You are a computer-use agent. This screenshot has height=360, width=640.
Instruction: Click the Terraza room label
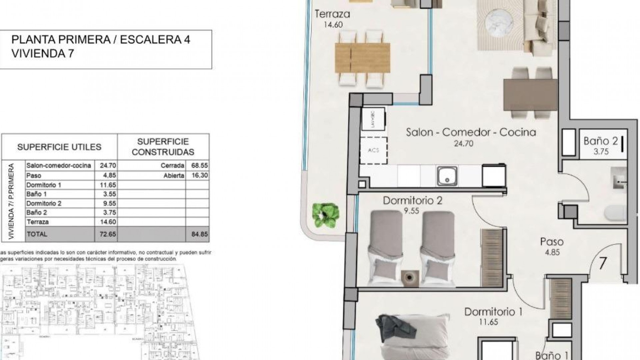[332, 14]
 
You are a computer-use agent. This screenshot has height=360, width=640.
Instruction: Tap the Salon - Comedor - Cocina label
[471, 132]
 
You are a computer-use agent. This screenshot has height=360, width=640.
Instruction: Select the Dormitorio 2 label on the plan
[412, 201]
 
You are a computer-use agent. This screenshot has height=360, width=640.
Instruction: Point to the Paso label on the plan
[552, 242]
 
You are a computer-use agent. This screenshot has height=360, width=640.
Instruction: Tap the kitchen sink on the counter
[447, 176]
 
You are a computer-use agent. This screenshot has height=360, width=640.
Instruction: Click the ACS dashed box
[374, 150]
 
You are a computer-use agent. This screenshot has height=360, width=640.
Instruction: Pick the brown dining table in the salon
[530, 95]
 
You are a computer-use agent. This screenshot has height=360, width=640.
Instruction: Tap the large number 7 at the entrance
[603, 263]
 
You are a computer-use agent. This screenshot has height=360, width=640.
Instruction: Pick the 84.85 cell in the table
[199, 234]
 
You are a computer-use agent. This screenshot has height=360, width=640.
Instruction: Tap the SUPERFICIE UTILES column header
[59, 147]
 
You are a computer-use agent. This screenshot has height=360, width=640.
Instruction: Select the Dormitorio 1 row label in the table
[44, 185]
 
